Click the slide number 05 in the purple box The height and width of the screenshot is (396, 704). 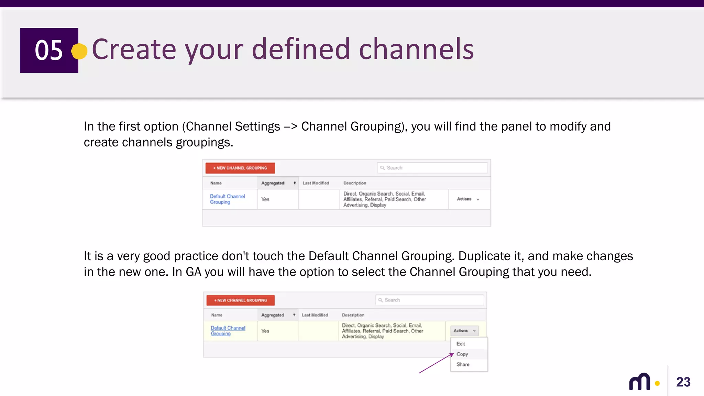pos(49,50)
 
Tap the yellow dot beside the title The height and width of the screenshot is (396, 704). pos(79,51)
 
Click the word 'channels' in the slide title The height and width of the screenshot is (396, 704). pos(416,49)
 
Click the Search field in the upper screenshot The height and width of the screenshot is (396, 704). pos(432,168)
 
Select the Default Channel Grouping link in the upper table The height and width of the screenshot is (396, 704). pos(227,199)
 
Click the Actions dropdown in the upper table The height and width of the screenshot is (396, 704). pos(467,199)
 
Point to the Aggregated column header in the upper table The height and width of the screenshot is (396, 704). pos(273,183)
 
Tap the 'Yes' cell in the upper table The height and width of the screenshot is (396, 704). pos(265,199)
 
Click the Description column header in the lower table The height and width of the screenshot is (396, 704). pos(353,315)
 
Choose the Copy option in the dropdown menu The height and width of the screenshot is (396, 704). pos(462,354)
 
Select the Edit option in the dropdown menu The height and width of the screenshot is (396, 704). pos(461,344)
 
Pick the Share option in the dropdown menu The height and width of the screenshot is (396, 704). pos(463,364)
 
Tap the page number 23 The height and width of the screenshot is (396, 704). pos(683,382)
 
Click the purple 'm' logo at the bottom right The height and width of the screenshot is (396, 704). pos(640,382)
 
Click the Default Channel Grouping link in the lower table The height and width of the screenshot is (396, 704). pos(228,331)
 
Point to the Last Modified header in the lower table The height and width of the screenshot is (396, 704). pos(315,315)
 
